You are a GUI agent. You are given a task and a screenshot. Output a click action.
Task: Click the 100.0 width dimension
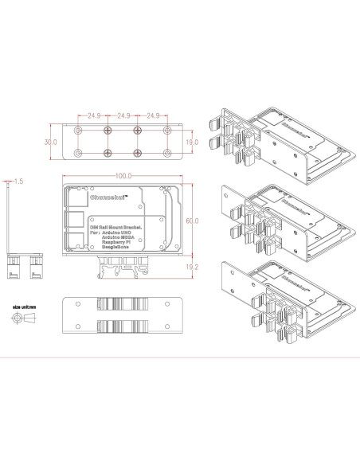coord(123,176)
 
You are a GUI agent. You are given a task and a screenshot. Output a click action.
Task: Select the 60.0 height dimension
coord(192,220)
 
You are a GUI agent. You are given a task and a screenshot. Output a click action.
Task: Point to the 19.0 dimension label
coord(192,141)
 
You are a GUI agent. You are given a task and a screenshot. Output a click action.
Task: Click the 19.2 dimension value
coord(192,268)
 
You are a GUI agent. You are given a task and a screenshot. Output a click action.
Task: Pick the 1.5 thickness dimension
coord(18,182)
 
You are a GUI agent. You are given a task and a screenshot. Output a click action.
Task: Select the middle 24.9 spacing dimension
coord(123,116)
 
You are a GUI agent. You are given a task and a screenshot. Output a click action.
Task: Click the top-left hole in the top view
coord(77,129)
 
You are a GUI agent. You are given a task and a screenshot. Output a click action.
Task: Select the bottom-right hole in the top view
coord(167,152)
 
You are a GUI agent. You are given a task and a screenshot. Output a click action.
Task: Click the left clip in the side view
coord(14,264)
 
